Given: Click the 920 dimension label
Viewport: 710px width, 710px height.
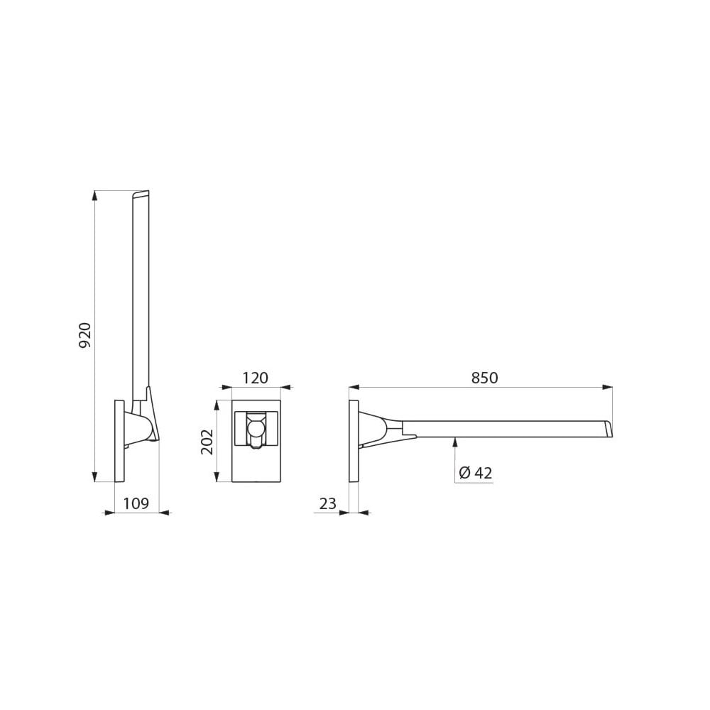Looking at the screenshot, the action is [x=85, y=336].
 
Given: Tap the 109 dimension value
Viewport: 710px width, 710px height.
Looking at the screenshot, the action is [x=136, y=503].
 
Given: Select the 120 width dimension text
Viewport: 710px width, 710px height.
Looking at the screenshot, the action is [x=256, y=378].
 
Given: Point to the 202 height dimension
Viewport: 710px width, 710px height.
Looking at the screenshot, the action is [x=207, y=442].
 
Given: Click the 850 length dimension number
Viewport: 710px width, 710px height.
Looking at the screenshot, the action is [x=484, y=378].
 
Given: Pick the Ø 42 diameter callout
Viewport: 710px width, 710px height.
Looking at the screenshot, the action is [x=476, y=473].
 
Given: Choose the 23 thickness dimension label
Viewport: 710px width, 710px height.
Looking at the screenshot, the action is [x=328, y=503].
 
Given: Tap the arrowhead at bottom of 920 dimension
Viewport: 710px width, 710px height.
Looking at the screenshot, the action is [x=94, y=477].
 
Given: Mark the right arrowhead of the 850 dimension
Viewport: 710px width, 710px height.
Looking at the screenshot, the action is [x=607, y=387].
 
